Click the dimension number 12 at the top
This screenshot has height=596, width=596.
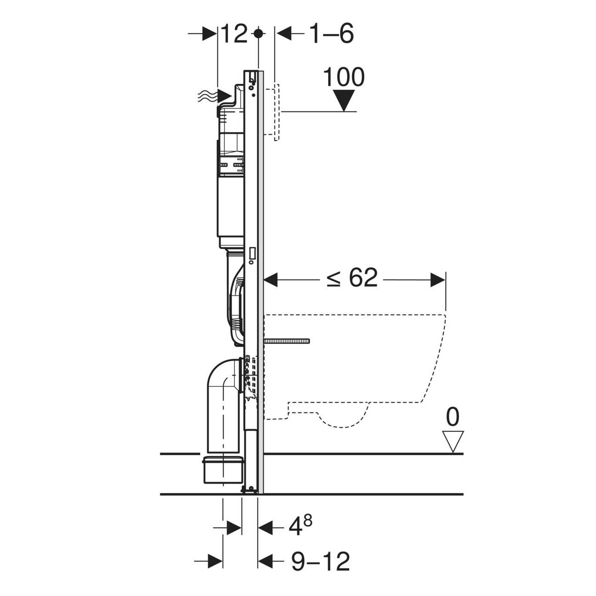pos(235,34)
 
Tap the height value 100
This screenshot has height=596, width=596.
pos(344,77)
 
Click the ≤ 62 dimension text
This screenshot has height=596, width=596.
pos(352,277)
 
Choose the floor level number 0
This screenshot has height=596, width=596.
pos(453,417)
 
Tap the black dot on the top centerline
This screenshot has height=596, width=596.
pos(258,33)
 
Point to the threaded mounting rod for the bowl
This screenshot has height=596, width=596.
pos(287,341)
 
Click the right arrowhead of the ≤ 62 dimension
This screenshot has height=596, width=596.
pos(438,280)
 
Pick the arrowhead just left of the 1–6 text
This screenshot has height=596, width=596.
pos(284,33)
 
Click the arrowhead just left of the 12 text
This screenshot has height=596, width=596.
pos(210,33)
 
